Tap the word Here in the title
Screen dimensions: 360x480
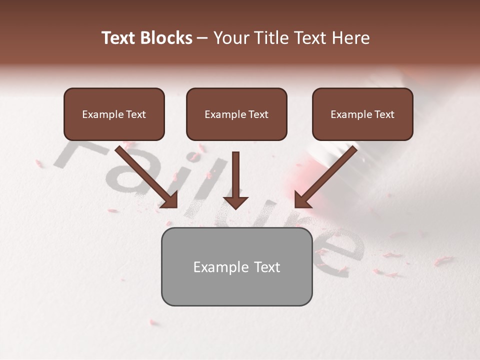350,38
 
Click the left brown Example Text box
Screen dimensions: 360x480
114,114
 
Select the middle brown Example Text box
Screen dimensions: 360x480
236,114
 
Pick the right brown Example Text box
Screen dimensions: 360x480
362,114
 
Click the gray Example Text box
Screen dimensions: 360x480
236,267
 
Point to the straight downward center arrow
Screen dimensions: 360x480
235,175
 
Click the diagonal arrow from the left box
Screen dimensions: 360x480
145,175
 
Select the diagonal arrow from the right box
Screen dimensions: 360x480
327,175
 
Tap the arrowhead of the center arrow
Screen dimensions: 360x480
235,202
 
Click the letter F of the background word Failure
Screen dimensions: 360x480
80,152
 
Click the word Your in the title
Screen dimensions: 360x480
231,38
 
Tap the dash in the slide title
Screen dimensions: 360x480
202,38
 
